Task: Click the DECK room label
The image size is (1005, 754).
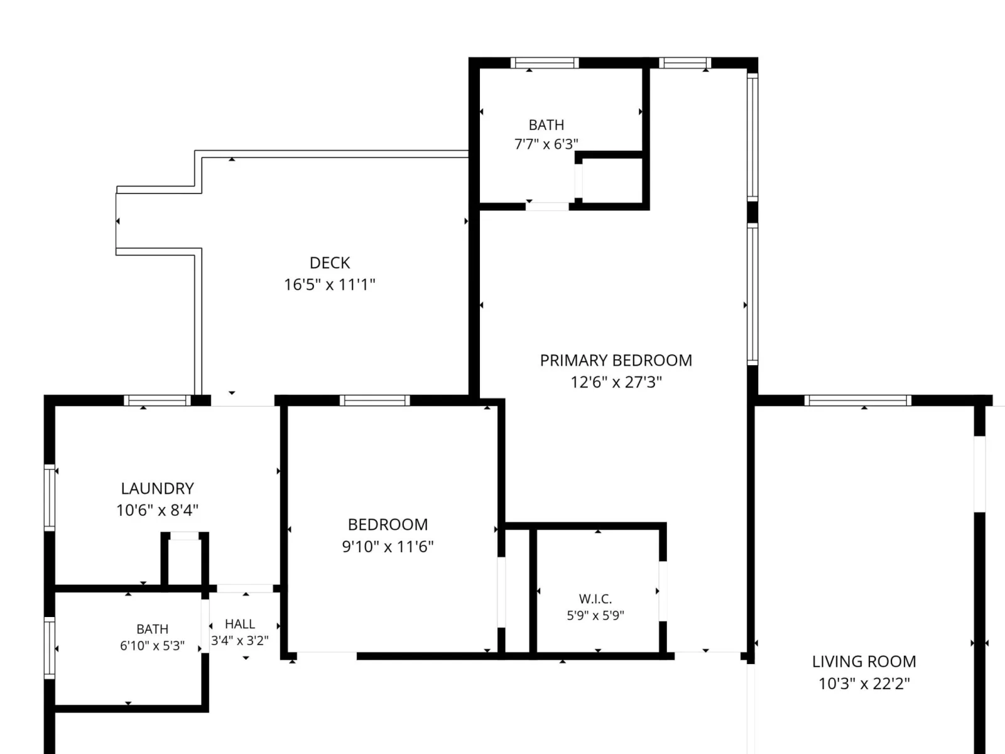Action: coord(330,263)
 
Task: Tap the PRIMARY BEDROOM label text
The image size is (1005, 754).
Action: coord(616,360)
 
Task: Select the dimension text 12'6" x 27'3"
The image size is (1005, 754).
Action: coord(616,382)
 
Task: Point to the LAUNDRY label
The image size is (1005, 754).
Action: coord(157,488)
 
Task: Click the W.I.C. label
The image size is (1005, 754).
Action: coord(595,599)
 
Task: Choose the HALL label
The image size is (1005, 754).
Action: coord(240,624)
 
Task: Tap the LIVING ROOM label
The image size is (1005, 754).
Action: coord(864,662)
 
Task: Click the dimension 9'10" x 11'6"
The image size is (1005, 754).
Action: coord(388,547)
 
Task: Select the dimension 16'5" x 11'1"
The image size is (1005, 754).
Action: coord(330,285)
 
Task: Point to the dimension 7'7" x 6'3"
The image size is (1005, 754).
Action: coord(546,145)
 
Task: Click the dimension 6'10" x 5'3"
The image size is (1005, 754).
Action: coord(153,645)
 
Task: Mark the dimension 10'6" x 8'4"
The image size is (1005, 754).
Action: coord(157,510)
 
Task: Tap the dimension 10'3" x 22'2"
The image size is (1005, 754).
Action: coord(864,684)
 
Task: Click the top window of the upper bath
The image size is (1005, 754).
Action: coord(545,63)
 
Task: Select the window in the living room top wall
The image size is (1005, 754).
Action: coord(857,401)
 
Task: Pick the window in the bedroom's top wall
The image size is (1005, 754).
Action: coord(374,401)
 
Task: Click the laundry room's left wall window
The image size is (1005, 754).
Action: coord(50,498)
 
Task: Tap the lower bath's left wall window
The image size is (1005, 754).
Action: coord(50,648)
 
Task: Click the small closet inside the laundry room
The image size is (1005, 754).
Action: coord(185,561)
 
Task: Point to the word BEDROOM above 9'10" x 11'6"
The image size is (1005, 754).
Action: coord(388,524)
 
